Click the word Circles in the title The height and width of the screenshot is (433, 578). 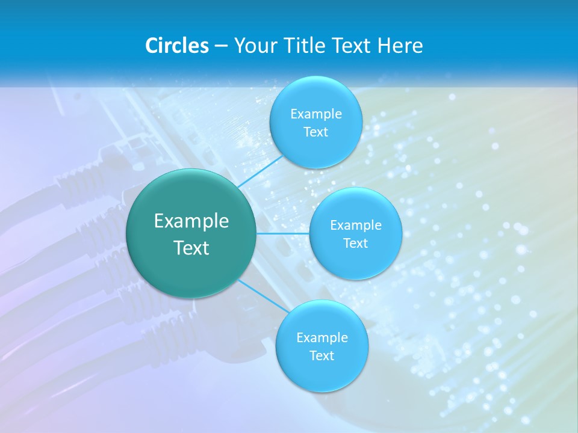(x=176, y=46)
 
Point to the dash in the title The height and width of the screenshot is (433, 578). (x=221, y=46)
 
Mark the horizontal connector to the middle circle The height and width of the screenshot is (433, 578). (x=283, y=233)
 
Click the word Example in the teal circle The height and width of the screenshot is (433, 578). (x=191, y=221)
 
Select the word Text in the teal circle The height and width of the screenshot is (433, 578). (x=191, y=248)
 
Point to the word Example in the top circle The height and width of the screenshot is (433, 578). (x=316, y=114)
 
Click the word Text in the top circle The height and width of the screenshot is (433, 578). (x=315, y=132)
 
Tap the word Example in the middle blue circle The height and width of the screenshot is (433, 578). (x=356, y=226)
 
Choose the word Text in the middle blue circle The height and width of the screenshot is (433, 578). (x=355, y=244)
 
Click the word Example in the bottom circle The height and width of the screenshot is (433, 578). (x=322, y=338)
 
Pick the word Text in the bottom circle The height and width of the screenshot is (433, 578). (x=322, y=356)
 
